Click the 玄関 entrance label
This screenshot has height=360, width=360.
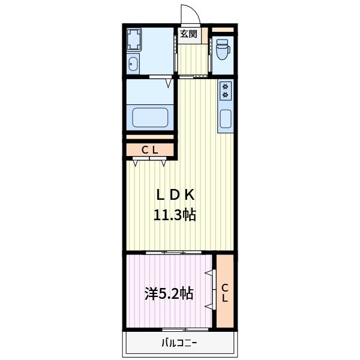point(188,34)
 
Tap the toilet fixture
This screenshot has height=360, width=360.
point(222,49)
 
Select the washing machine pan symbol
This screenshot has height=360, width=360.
point(134,39)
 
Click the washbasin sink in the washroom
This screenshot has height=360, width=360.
point(133,64)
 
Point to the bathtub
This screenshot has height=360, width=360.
point(150,117)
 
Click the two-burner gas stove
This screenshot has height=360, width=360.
point(226,91)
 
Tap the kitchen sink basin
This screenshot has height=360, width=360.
point(226,119)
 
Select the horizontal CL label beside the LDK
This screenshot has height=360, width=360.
point(149,150)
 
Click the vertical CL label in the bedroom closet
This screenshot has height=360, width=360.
point(225,293)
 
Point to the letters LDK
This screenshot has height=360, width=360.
point(175,194)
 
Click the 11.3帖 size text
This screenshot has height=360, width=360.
point(175,215)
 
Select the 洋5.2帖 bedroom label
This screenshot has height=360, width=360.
point(169,293)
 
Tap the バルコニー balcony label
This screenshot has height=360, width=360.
point(179,343)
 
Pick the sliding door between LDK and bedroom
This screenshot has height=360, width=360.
point(173,253)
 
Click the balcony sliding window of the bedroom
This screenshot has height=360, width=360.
point(185,329)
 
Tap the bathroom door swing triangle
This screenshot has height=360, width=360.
point(169,83)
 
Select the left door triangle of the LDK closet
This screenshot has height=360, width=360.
point(136,163)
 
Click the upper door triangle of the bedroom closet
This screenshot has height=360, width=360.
point(209,272)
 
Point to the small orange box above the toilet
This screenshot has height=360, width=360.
point(223,29)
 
